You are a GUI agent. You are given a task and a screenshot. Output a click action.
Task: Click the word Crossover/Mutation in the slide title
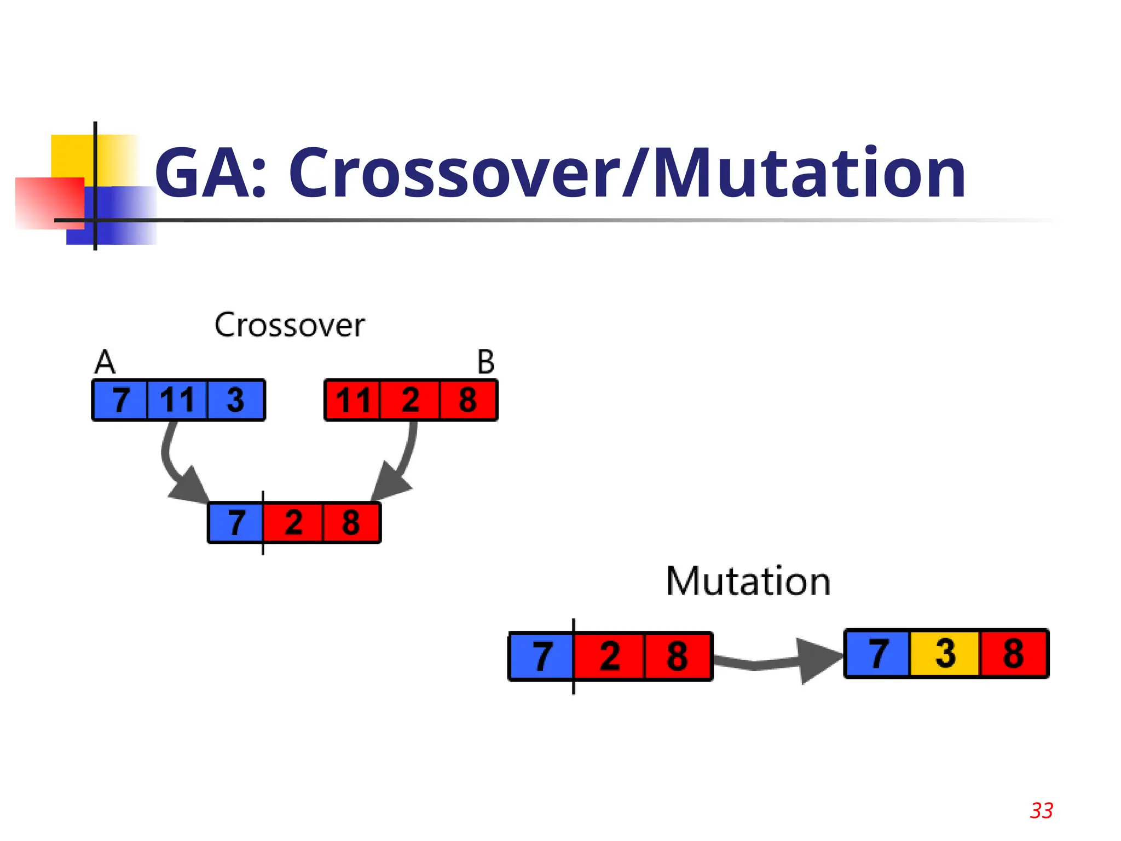tap(627, 174)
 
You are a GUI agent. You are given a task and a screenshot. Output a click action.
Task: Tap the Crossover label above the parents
tap(289, 325)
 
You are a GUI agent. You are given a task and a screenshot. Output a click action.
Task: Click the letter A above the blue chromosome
tap(105, 362)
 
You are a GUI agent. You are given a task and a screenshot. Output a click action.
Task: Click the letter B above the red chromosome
tap(486, 362)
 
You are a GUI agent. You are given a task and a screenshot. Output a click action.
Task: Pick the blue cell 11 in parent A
tap(177, 400)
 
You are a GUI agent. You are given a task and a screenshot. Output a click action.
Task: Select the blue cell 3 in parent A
tap(235, 400)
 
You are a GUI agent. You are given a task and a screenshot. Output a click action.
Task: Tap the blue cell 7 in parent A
tap(120, 400)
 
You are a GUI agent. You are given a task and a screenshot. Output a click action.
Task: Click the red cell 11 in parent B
tap(353, 400)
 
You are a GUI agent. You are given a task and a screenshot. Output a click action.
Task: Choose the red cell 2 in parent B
tap(410, 400)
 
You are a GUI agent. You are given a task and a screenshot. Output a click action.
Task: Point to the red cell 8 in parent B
tap(467, 400)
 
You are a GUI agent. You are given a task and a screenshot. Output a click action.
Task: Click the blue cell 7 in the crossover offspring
tap(236, 523)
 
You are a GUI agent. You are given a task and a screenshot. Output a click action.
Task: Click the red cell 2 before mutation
tap(609, 656)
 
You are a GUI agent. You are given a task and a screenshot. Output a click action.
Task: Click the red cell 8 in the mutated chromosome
tap(1013, 653)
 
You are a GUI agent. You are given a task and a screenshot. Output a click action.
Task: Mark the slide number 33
tap(1041, 810)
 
